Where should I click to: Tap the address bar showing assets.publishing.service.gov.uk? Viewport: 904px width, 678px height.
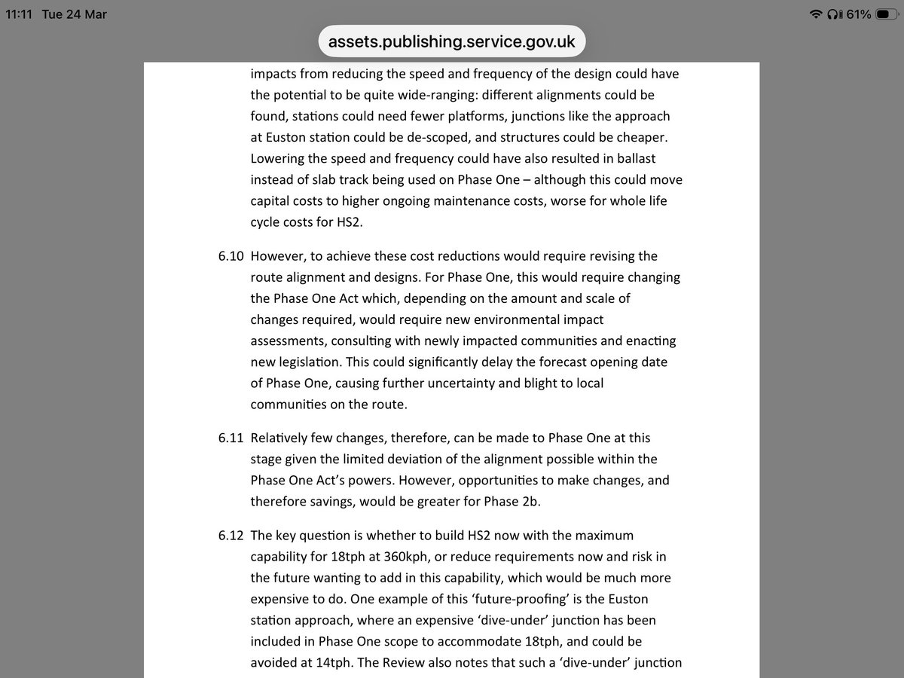[x=452, y=41]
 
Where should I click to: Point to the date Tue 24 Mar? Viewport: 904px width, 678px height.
[x=75, y=14]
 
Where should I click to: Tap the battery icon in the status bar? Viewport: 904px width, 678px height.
[x=886, y=14]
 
